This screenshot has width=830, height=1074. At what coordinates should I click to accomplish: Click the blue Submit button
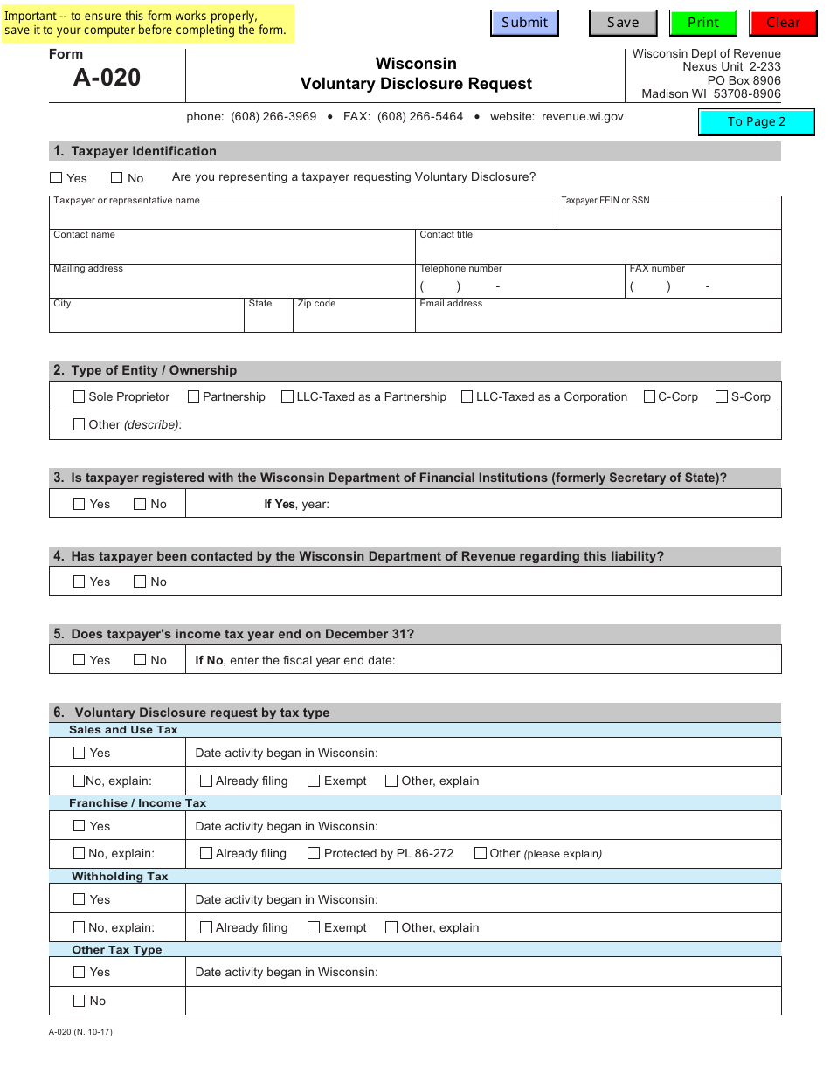(x=524, y=23)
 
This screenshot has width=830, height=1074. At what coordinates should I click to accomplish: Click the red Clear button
(x=783, y=23)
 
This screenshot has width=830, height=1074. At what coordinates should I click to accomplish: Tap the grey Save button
(x=623, y=23)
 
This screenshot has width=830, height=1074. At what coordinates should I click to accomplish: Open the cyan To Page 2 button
(x=757, y=121)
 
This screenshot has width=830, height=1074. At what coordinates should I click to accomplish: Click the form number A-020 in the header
(x=107, y=78)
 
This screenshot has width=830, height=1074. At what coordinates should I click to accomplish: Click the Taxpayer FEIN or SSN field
(x=668, y=217)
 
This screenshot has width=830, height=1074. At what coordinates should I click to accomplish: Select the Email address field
(x=598, y=319)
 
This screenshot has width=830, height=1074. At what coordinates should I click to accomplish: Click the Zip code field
(x=354, y=319)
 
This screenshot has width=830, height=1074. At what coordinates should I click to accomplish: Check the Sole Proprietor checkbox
(x=80, y=396)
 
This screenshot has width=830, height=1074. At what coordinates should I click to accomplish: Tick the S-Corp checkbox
(x=722, y=396)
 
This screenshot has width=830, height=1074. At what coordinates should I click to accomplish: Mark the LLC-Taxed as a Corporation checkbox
(x=467, y=396)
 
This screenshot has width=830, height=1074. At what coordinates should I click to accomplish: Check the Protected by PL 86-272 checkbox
(x=314, y=853)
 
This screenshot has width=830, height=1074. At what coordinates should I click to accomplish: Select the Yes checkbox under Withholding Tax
(x=80, y=899)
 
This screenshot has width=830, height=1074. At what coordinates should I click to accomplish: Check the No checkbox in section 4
(x=140, y=582)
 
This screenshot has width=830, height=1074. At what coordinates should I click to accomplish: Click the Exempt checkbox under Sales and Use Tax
(x=314, y=781)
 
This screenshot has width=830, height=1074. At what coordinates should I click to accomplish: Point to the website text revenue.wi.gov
(x=583, y=116)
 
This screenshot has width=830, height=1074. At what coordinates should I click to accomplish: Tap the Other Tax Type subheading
(x=117, y=949)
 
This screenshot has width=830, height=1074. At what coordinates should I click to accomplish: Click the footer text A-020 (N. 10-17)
(x=80, y=1032)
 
